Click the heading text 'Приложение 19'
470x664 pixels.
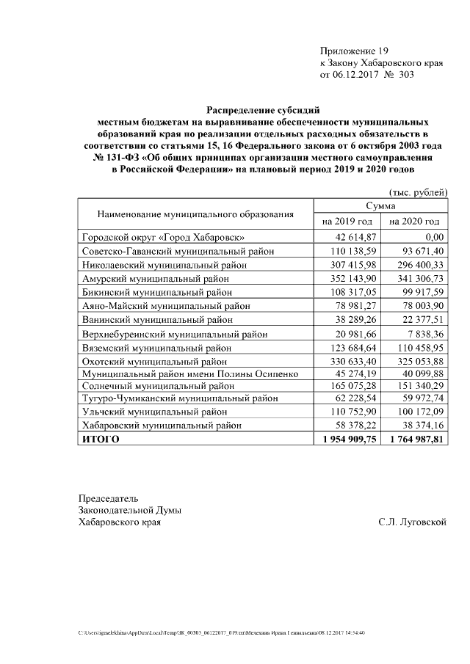pyautogui.click(x=353, y=51)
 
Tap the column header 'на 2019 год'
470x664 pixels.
pyautogui.click(x=347, y=221)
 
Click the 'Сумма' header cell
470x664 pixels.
pyautogui.click(x=380, y=207)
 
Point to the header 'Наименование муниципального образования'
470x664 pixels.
pyautogui.click(x=195, y=214)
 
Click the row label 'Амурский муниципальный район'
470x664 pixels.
pyautogui.click(x=154, y=279)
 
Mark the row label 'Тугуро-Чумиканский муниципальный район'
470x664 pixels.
pyautogui.click(x=179, y=398)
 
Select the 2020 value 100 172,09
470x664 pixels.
pyautogui.click(x=416, y=412)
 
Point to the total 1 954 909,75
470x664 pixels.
pyautogui.click(x=345, y=439)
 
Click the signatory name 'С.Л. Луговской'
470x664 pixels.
pyautogui.click(x=412, y=522)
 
